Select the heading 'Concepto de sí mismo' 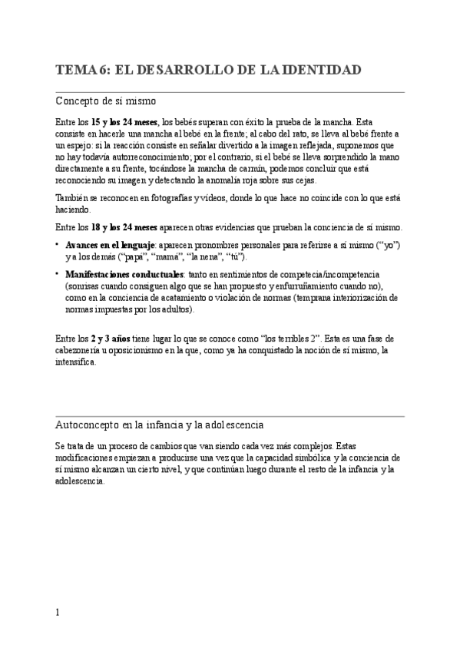pos(108,101)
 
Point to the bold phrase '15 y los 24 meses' pos(125,121)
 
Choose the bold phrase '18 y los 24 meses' pos(125,227)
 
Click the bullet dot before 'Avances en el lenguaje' pos(58,244)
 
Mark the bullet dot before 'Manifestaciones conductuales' pos(58,273)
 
